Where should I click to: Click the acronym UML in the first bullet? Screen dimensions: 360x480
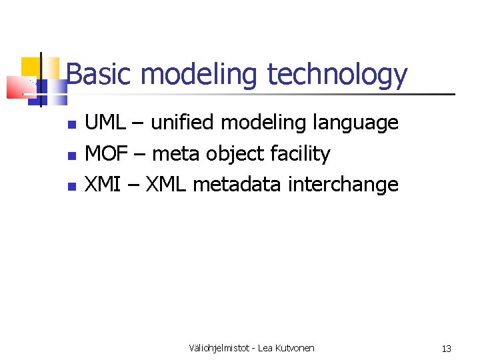pos(105,123)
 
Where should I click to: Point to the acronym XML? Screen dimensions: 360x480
pos(166,184)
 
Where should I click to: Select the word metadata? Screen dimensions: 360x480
pos(237,184)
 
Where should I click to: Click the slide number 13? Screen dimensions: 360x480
pos(446,349)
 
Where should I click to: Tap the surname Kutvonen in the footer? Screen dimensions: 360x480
pos(293,348)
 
